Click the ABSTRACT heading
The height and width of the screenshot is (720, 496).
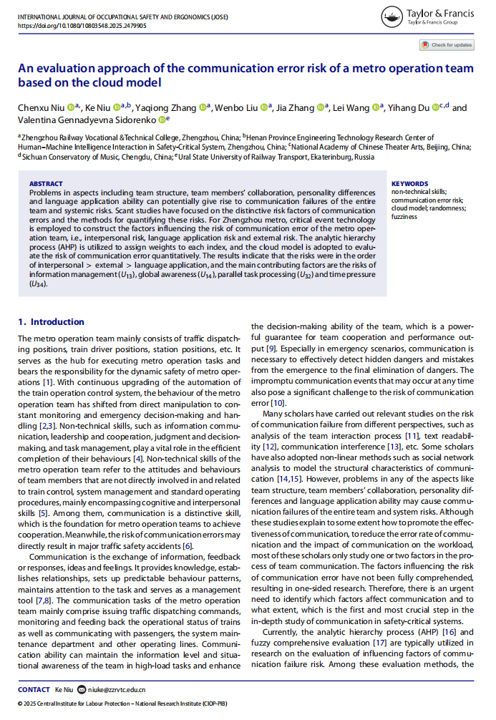pyautogui.click(x=47, y=183)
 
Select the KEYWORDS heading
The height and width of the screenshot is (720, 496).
pyautogui.click(x=410, y=183)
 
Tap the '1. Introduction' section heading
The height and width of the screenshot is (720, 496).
pyautogui.click(x=51, y=322)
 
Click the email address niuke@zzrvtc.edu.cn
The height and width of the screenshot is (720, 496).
pyautogui.click(x=117, y=689)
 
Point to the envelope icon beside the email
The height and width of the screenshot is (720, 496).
pyautogui.click(x=82, y=689)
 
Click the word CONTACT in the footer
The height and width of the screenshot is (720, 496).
pyautogui.click(x=34, y=689)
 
